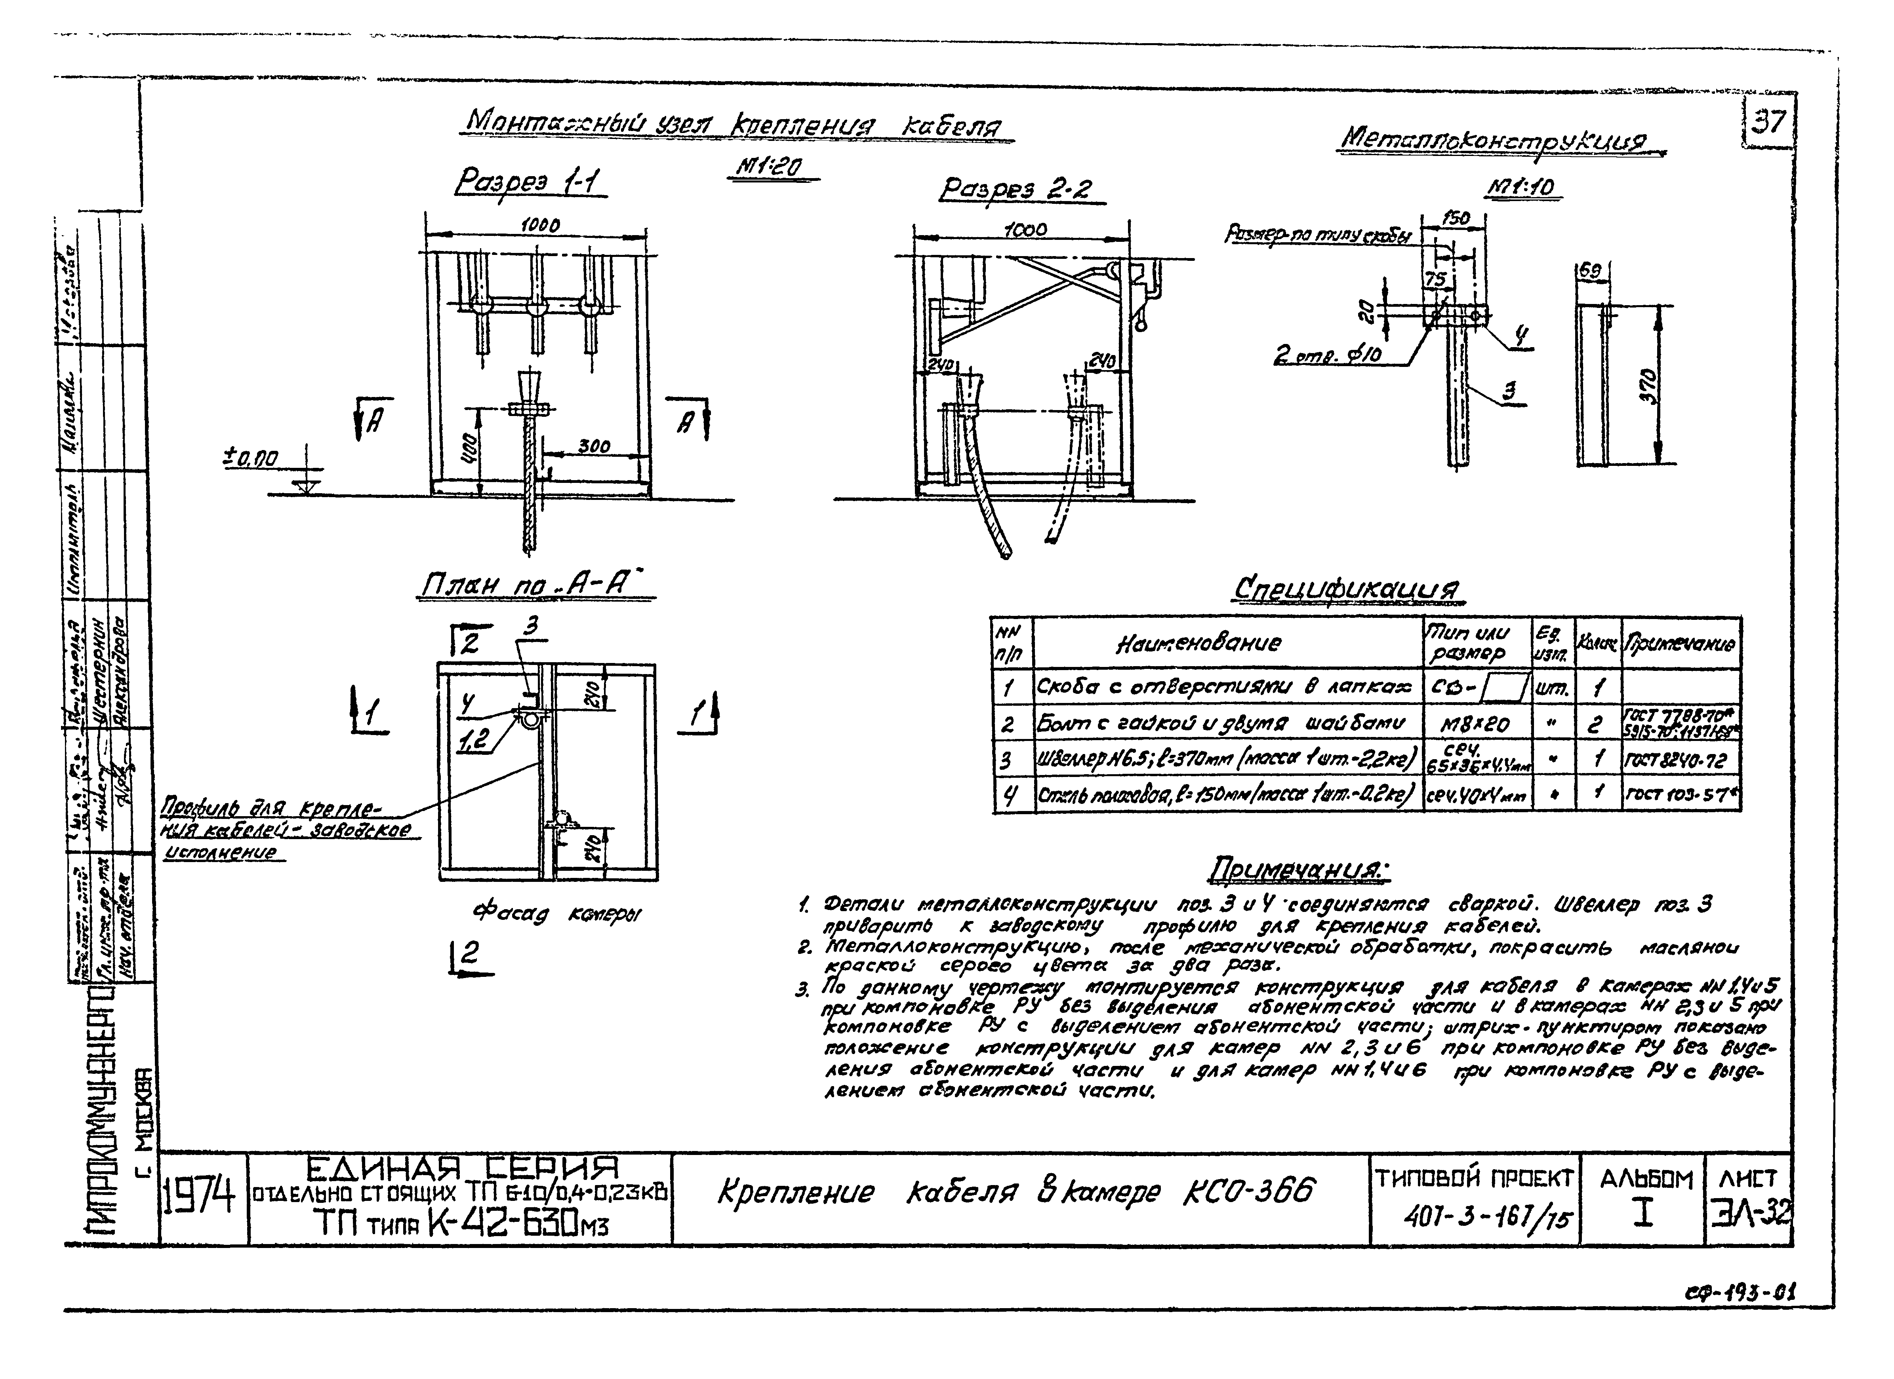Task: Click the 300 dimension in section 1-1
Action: point(594,446)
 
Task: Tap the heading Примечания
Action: point(1299,871)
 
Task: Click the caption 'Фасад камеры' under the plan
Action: point(557,915)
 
